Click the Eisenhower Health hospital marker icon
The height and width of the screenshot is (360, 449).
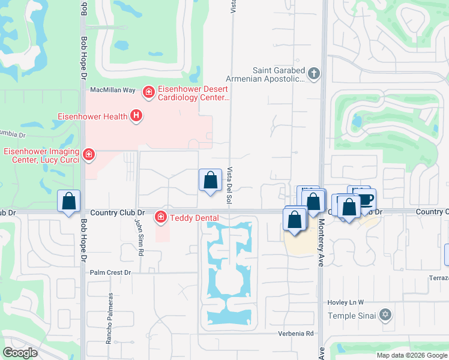136,116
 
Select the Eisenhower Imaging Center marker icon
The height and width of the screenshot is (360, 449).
89,155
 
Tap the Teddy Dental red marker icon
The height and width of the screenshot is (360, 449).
161,216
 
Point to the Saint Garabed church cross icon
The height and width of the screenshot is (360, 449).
313,74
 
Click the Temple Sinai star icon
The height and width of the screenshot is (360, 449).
385,315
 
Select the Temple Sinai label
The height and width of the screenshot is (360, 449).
352,316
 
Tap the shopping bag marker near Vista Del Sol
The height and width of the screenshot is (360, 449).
210,181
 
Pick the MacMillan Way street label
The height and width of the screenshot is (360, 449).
112,89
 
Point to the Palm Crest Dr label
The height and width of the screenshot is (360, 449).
110,272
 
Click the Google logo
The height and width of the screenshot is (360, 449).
20,352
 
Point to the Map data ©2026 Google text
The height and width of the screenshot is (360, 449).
411,355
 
